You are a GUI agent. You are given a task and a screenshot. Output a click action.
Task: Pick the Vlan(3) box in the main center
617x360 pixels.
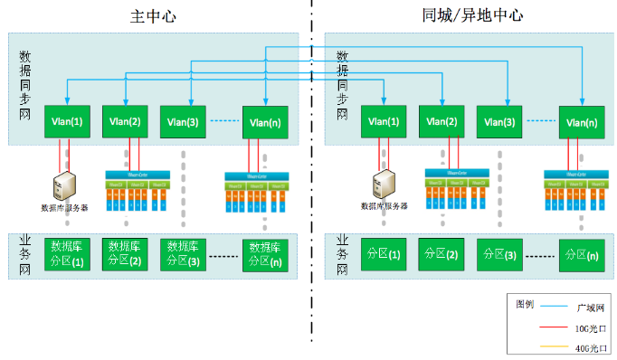(x=181, y=122)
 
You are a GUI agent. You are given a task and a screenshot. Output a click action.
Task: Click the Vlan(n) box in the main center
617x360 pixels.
(x=265, y=122)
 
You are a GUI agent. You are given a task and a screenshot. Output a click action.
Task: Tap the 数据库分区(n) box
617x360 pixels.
(x=265, y=253)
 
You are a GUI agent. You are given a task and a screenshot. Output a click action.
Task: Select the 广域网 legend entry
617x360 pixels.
(x=561, y=308)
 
